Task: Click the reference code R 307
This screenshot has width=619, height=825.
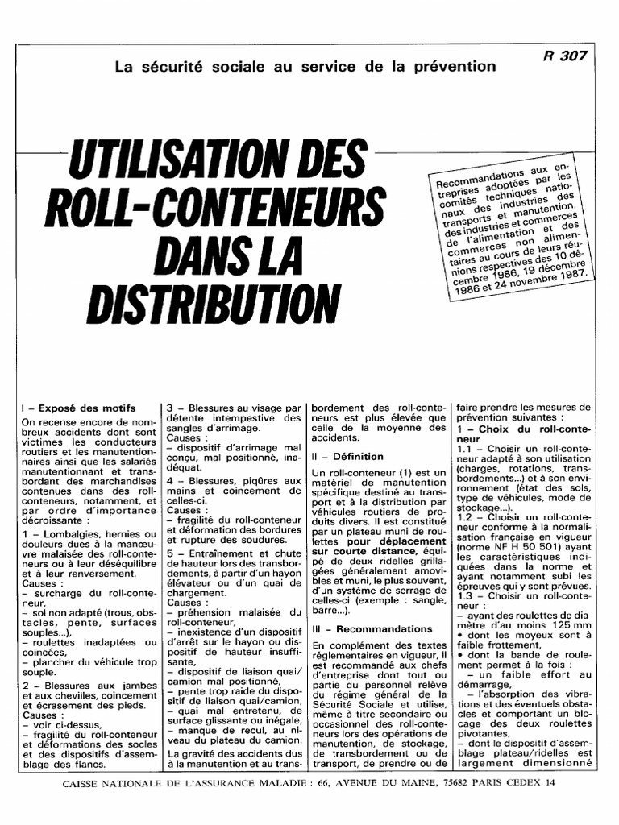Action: (x=565, y=56)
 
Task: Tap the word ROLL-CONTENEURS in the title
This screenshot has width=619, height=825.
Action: (x=214, y=208)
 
